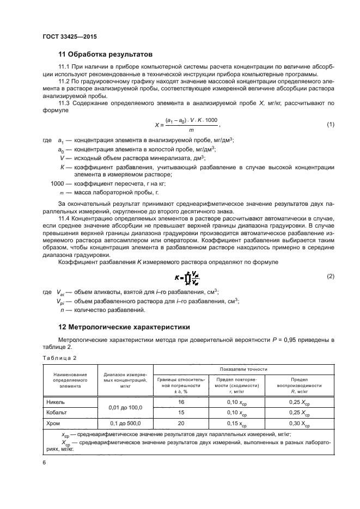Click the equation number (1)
tap(330, 125)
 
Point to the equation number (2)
tap(330, 277)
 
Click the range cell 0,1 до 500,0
tap(125, 422)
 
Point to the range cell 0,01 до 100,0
tap(125, 407)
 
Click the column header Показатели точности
tap(244, 369)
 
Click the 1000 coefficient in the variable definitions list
tap(57, 183)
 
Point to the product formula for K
tap(187, 277)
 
